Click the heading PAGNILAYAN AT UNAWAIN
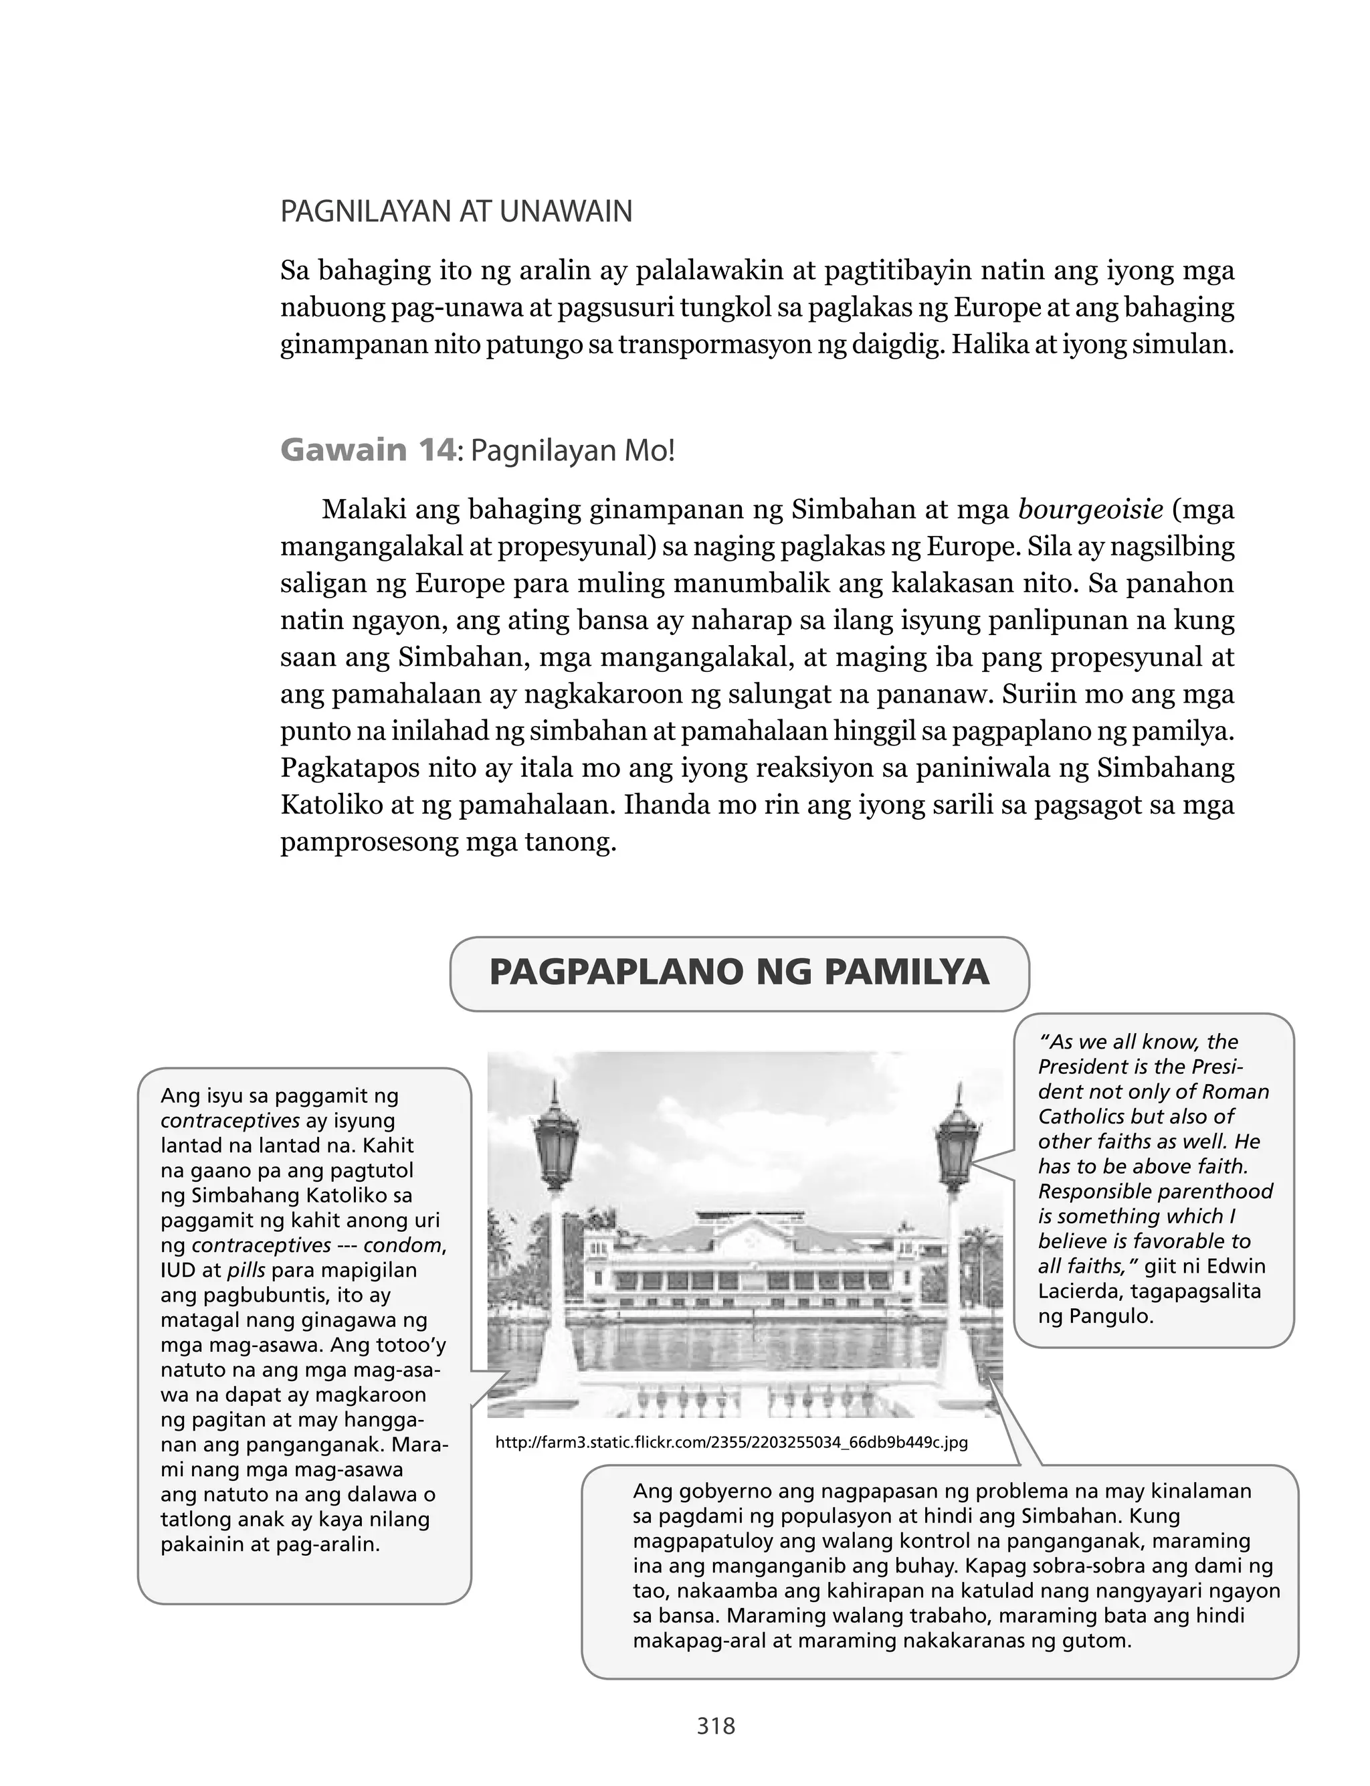coord(456,212)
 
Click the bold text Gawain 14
coord(367,450)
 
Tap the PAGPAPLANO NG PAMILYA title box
coord(739,973)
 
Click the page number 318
coord(716,1726)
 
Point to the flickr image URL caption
coord(730,1443)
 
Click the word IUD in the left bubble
coord(175,1271)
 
